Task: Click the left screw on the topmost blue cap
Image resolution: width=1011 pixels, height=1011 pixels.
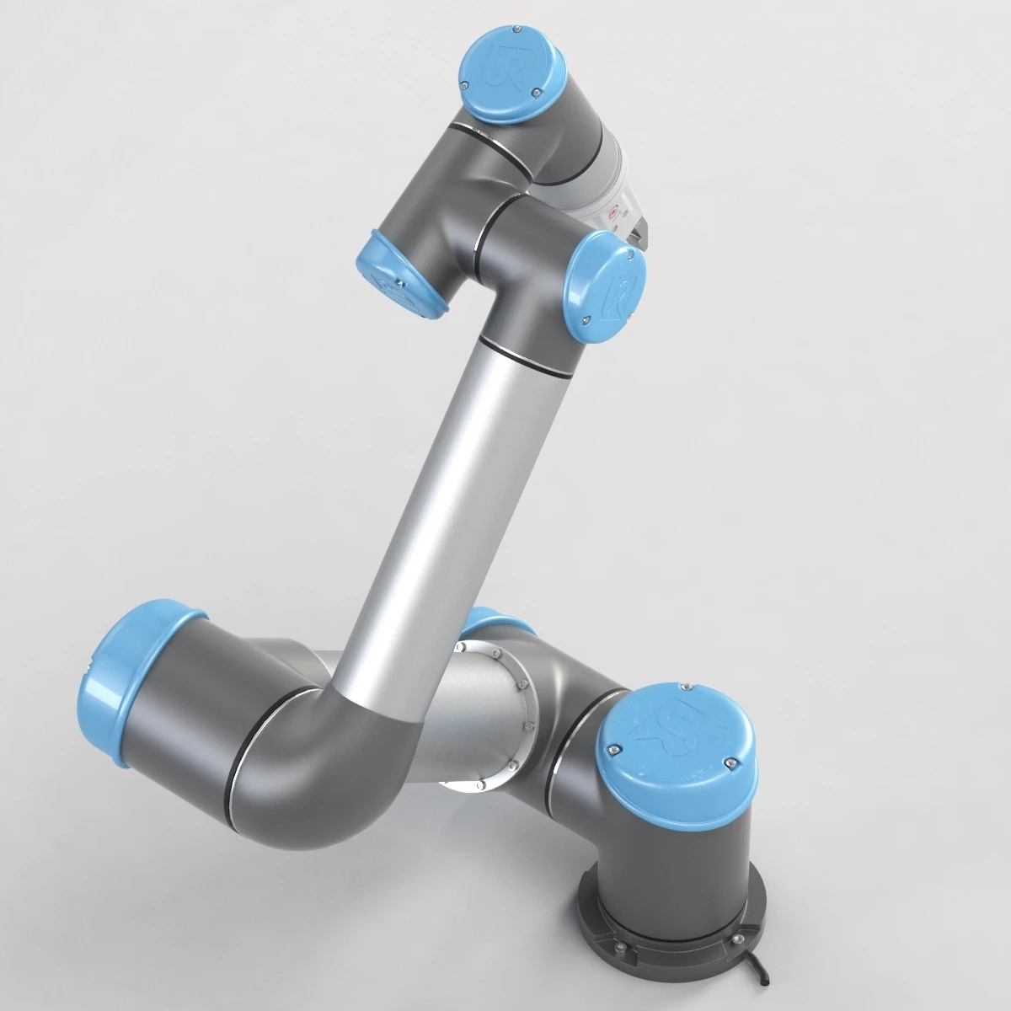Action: pos(464,83)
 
